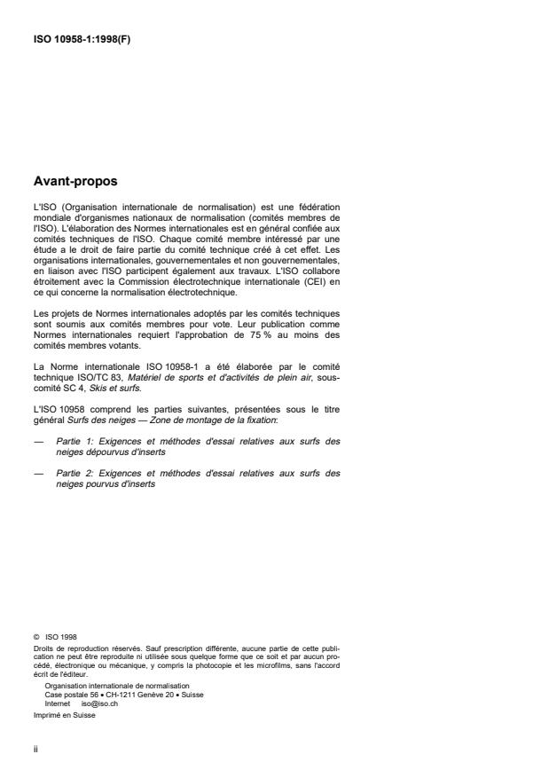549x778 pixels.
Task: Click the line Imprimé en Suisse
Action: tap(63, 711)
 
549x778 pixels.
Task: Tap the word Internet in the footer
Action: tap(57, 701)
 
